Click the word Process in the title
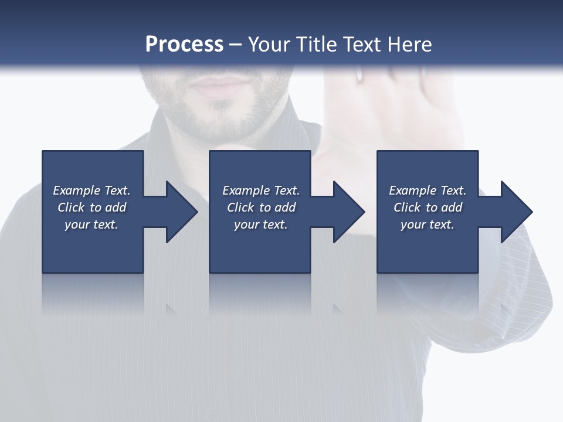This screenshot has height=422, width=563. pyautogui.click(x=184, y=45)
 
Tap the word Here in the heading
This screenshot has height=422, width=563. pyautogui.click(x=409, y=45)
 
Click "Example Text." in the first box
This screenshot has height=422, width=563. pyautogui.click(x=91, y=190)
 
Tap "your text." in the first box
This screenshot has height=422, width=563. pyautogui.click(x=91, y=224)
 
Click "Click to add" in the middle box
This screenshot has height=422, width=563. pyautogui.click(x=261, y=207)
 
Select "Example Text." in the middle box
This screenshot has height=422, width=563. pyautogui.click(x=261, y=190)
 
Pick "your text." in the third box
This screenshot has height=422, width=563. pyautogui.click(x=428, y=224)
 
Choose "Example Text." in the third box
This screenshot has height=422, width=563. pyautogui.click(x=428, y=190)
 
